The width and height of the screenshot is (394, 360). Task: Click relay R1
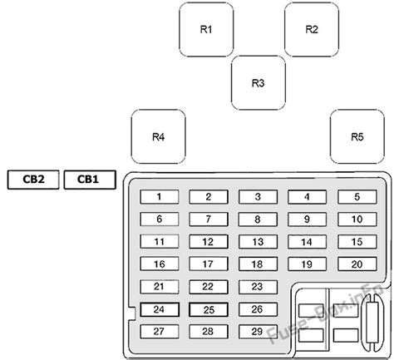206,29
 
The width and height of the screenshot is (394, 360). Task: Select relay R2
312,29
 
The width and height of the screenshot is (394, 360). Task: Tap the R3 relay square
259,83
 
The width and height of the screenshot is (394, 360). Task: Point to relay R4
158,136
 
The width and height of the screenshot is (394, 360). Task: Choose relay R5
357,136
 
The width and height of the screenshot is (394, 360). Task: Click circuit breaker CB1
90,180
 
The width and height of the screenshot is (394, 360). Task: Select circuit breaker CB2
33,180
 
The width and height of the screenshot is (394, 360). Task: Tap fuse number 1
160,197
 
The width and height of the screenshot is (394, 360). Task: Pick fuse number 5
357,197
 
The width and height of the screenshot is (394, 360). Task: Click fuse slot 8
258,219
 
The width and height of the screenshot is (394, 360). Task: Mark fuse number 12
209,242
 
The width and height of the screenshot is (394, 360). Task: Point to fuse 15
357,242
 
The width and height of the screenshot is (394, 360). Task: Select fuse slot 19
307,264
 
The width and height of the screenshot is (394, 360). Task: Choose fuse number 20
357,264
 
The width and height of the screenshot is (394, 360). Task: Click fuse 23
258,287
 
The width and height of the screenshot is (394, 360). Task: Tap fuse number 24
160,309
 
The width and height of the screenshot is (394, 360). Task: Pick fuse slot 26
258,309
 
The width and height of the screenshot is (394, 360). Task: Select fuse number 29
258,332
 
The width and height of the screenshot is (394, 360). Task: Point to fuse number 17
209,264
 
